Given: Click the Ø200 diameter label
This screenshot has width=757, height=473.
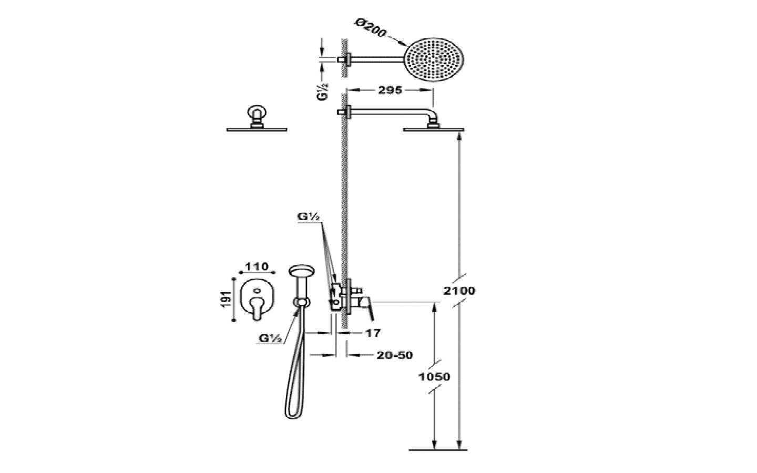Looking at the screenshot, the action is (x=371, y=28).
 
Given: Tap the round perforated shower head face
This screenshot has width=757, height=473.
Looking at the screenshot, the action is (x=434, y=59).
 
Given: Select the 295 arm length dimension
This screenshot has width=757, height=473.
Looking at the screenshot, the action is (x=390, y=90).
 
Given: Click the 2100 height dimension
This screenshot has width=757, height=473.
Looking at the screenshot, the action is (x=459, y=291).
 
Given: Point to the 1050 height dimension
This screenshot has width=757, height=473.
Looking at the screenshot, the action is (x=434, y=376).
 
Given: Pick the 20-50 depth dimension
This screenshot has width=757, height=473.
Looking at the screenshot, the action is (x=395, y=355).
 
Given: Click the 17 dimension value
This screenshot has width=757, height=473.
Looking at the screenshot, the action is (x=373, y=333).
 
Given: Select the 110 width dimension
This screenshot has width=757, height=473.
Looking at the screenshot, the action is (x=257, y=266).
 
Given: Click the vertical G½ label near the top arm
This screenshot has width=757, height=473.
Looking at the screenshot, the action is (x=322, y=91).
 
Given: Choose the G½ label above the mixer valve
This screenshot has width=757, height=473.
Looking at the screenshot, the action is (x=309, y=217).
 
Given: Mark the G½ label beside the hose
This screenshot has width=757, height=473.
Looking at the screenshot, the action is (x=270, y=338).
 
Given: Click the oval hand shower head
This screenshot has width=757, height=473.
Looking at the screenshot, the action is (x=302, y=271).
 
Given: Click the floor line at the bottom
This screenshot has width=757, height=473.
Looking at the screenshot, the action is (x=438, y=450).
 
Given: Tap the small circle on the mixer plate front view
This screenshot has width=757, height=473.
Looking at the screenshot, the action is (x=257, y=291).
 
